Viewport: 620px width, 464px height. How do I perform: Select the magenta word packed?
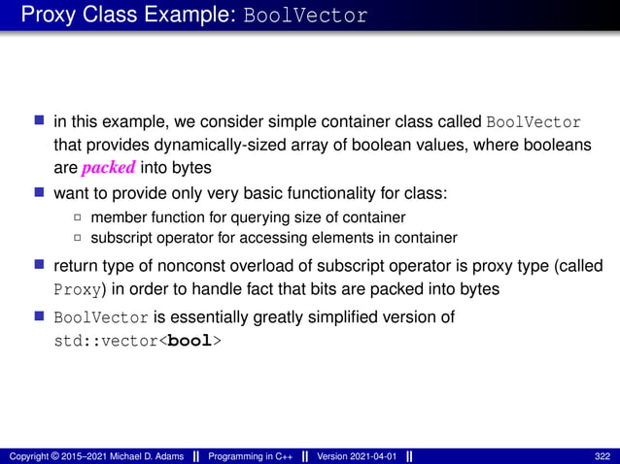(108, 167)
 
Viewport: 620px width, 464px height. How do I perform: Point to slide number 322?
(603, 456)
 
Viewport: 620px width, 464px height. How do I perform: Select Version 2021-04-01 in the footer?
(357, 456)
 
